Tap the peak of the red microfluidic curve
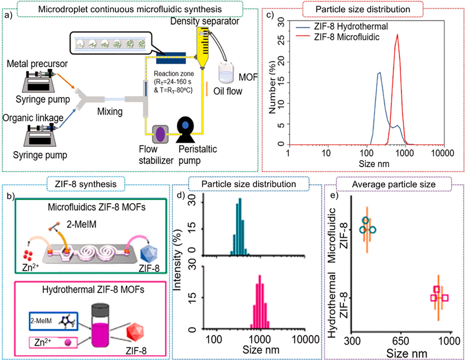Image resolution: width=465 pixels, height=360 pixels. click(x=397, y=34)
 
